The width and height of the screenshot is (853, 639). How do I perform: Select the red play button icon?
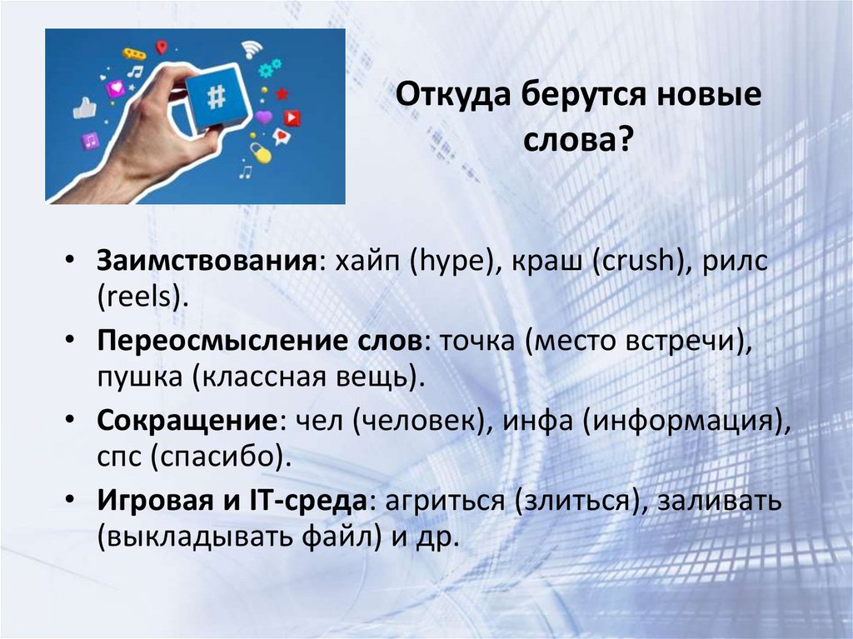[x=292, y=117]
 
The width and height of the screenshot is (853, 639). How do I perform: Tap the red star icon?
[x=282, y=93]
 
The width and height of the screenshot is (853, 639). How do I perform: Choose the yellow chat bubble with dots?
[x=133, y=53]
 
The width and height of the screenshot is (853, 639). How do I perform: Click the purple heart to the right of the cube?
[x=264, y=117]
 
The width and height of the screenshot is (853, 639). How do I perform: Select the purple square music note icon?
[x=90, y=141]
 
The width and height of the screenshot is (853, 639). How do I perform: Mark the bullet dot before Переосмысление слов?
[x=76, y=340]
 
